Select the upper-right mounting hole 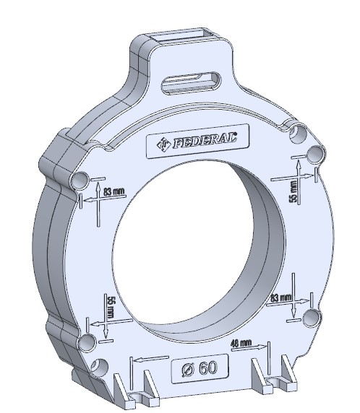296,134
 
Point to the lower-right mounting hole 313,318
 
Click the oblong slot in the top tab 190,81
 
